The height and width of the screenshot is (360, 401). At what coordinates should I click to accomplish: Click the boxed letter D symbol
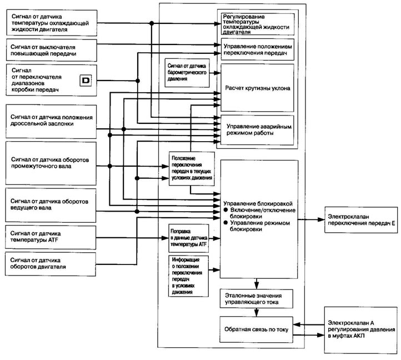point(86,81)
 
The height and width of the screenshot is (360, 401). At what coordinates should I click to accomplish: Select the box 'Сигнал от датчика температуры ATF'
point(51,237)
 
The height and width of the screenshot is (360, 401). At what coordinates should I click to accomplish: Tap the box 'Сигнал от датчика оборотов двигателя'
point(51,264)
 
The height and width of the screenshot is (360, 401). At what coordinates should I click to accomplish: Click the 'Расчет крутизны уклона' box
point(257,88)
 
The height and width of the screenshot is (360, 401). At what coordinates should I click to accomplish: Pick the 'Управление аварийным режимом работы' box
point(257,130)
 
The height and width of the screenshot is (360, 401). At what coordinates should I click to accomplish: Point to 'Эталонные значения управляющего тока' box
point(257,298)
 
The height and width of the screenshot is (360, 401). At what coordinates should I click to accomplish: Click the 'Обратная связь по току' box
point(256,329)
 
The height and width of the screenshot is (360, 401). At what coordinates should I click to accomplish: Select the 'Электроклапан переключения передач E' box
point(361,220)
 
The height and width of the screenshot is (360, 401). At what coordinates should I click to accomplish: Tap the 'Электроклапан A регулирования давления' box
point(361,330)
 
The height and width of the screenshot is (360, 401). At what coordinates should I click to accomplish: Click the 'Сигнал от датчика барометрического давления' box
point(187,73)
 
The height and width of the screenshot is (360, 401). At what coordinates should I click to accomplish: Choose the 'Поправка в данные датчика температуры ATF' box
point(189,238)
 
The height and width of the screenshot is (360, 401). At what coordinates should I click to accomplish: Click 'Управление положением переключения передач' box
point(258,49)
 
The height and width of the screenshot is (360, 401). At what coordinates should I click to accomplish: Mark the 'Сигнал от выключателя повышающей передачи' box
point(52,50)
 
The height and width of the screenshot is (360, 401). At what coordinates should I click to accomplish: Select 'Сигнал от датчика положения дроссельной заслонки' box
point(51,122)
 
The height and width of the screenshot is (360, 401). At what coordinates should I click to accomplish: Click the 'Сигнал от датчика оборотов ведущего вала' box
point(51,205)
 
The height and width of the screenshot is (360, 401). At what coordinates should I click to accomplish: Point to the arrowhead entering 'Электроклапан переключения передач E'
point(322,219)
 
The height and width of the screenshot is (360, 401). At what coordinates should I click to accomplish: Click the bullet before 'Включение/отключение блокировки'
point(225,210)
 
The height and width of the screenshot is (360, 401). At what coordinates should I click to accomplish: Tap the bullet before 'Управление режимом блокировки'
point(225,223)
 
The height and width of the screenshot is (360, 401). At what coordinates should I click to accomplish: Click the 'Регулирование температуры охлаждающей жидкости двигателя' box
point(258,24)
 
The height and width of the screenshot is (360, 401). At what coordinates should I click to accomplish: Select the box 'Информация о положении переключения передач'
point(188,276)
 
